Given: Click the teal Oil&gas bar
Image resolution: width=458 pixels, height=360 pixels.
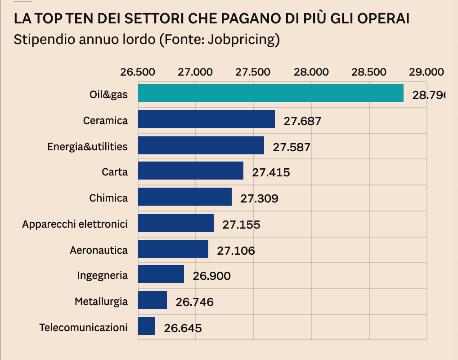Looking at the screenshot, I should click(x=270, y=93).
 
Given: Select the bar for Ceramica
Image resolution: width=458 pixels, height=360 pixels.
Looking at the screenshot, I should click(x=206, y=119).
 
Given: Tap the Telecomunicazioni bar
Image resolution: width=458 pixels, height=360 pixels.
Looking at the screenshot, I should click(x=147, y=326).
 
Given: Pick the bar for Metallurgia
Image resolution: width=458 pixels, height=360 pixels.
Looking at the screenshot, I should click(x=153, y=300).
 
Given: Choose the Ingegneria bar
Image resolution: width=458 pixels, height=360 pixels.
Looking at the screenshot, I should click(x=161, y=274).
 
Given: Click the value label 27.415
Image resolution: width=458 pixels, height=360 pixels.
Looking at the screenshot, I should click(x=271, y=172).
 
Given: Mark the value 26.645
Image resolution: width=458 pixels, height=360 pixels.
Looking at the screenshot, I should click(x=183, y=328).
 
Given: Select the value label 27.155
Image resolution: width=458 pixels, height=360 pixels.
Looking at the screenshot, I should click(x=241, y=224).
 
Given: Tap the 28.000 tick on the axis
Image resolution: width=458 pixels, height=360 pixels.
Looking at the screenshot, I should click(x=311, y=72).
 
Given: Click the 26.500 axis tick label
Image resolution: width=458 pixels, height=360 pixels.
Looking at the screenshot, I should click(x=138, y=72).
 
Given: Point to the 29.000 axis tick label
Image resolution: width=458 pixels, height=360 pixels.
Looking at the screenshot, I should click(x=426, y=72).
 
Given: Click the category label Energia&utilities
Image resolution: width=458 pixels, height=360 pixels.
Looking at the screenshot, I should click(x=87, y=147).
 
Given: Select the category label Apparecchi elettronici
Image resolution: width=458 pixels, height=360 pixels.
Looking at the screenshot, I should click(x=75, y=224).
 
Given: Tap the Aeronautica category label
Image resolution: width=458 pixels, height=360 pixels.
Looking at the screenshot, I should click(x=99, y=250).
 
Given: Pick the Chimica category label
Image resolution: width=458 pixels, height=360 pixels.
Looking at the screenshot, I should click(x=108, y=198).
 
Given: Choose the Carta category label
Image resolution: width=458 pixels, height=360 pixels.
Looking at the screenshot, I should click(x=115, y=172).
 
